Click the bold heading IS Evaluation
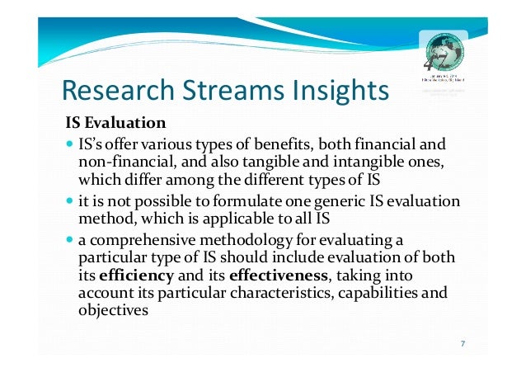(x=116, y=124)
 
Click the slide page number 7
(x=463, y=343)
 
